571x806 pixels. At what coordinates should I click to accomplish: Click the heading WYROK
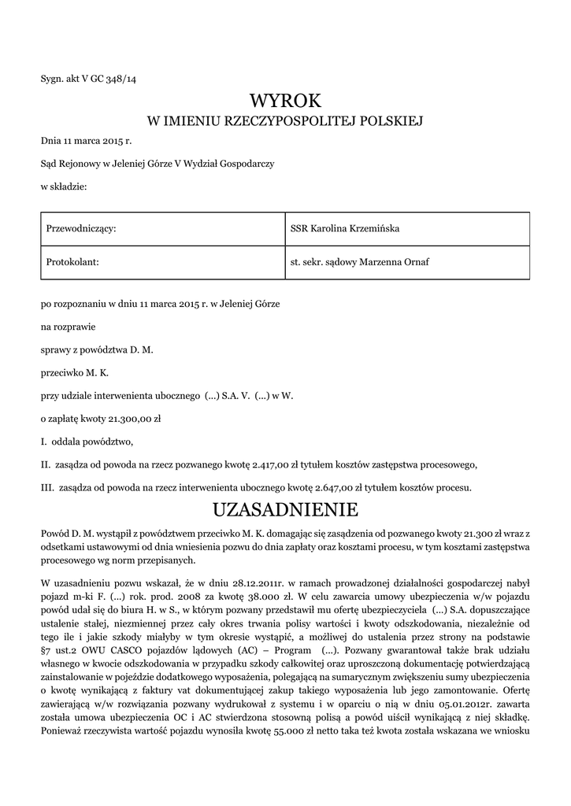coord(285,100)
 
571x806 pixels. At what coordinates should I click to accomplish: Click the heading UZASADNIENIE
coord(285,509)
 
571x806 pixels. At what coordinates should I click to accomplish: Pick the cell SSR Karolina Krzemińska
coord(406,228)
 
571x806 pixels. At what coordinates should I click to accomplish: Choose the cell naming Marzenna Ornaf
coord(406,261)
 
